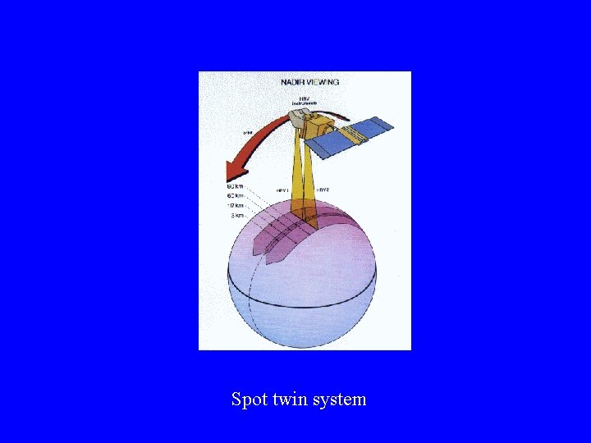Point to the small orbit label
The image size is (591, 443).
[246, 131]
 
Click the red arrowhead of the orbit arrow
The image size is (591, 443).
[236, 172]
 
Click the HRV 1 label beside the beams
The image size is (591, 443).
[283, 190]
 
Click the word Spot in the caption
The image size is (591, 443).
[246, 400]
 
